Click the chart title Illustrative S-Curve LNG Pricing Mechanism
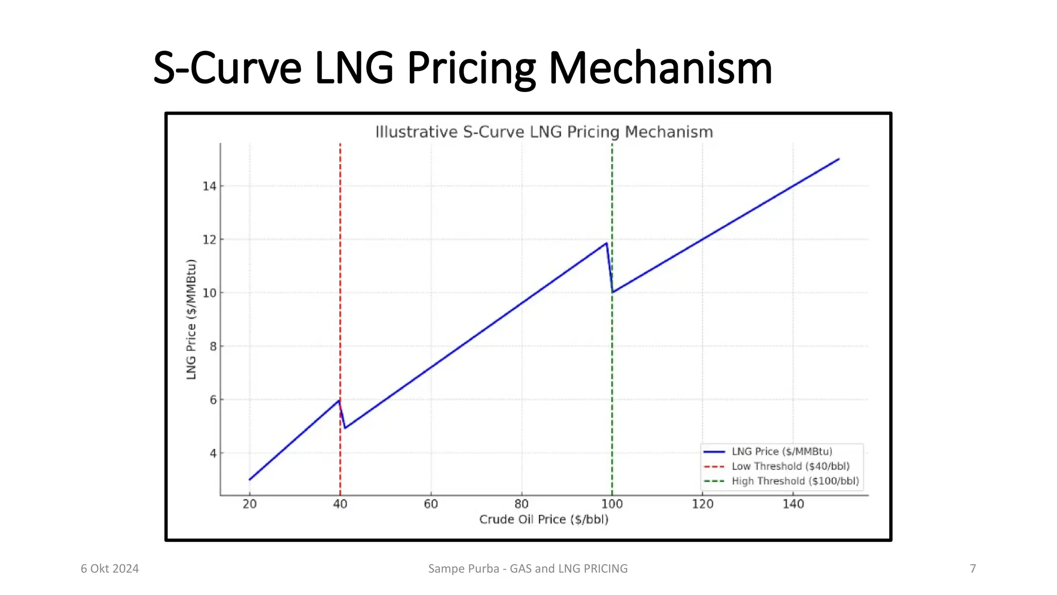coord(544,132)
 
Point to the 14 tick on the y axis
coord(209,186)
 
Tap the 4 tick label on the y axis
coord(213,453)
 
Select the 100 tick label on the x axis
coord(612,504)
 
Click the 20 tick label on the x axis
coord(250,504)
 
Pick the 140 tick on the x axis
coord(793,504)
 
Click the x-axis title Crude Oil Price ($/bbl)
coord(544,520)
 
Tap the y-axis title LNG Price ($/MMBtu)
coord(191,319)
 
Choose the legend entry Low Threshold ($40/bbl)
coord(790,466)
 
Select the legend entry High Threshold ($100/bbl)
coord(795,481)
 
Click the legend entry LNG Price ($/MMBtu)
coord(781,451)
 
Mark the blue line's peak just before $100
coord(606,243)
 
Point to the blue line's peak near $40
coord(339,400)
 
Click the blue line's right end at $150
coord(839,159)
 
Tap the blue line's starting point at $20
coord(250,480)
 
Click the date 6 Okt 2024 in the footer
coord(109,569)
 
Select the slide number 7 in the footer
coord(973,569)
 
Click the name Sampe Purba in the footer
coord(463,569)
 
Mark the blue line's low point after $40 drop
coord(345,428)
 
